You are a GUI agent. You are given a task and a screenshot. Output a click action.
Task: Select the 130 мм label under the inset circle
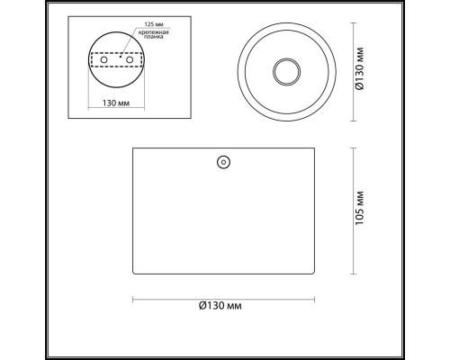(x=117, y=102)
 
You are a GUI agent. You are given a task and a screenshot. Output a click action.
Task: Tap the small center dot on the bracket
(x=117, y=58)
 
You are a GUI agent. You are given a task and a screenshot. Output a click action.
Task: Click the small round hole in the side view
(x=223, y=162)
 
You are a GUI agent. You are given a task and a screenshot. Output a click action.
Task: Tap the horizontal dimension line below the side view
(x=180, y=298)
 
